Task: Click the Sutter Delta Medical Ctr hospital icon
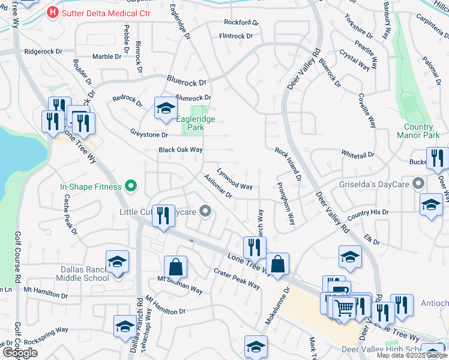point(53,11)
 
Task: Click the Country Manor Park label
point(418,131)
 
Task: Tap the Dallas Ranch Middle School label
point(83,274)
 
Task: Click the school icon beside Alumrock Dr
point(166,108)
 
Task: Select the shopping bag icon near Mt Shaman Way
point(175,267)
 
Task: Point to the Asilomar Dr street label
point(217,187)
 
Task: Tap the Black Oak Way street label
point(180,150)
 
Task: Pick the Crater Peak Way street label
point(237,278)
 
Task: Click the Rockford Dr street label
point(241,23)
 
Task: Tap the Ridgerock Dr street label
point(43,52)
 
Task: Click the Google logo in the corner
point(20,352)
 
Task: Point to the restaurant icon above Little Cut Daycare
point(163,216)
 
